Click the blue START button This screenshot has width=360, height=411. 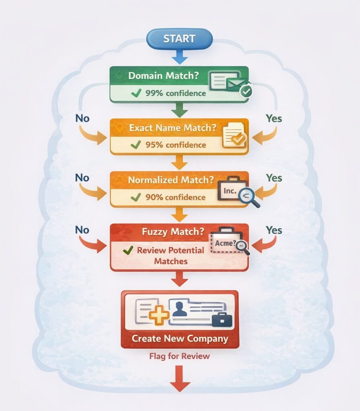(180, 39)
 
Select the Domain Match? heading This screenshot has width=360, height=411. (163, 75)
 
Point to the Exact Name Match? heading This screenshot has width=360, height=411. (172, 128)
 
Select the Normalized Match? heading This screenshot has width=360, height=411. (170, 180)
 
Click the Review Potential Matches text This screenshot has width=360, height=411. (170, 256)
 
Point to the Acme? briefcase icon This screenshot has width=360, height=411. (226, 242)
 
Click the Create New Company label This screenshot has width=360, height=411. (180, 338)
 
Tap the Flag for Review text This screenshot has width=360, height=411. (180, 356)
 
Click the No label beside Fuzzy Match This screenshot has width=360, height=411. (82, 230)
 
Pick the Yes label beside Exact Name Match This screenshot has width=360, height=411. (274, 118)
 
